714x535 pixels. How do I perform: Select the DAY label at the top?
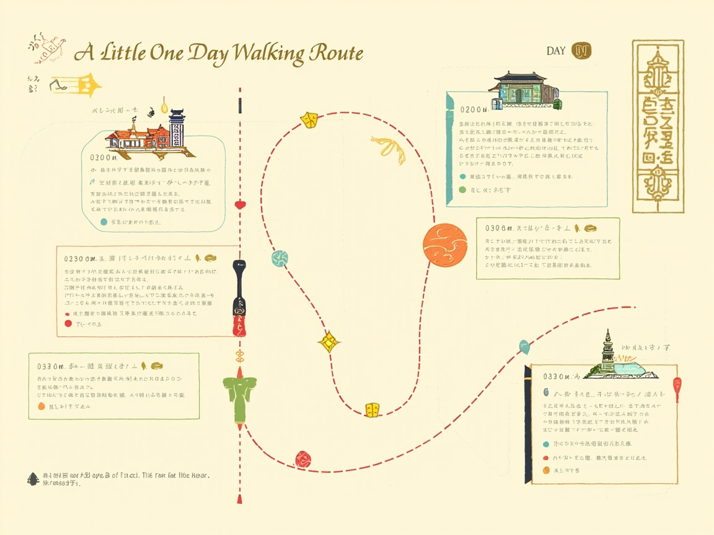click(x=556, y=51)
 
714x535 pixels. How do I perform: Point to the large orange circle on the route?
click(x=445, y=245)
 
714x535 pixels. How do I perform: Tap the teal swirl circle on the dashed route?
click(x=280, y=258)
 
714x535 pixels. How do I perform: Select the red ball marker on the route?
click(x=302, y=458)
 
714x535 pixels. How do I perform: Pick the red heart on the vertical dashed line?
click(x=240, y=204)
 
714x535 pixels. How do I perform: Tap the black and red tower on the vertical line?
click(x=240, y=297)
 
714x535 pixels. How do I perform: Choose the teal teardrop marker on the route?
click(x=525, y=346)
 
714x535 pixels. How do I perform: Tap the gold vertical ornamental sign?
click(x=658, y=126)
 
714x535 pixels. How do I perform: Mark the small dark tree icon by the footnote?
click(x=33, y=479)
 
